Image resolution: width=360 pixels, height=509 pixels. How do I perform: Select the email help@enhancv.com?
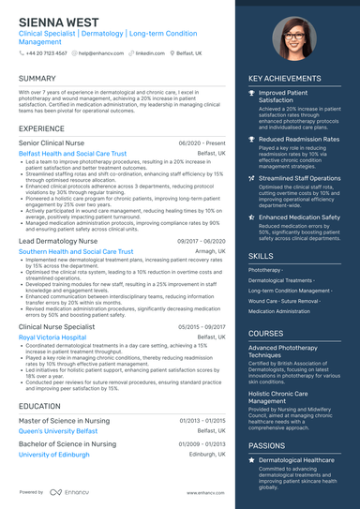[99, 53]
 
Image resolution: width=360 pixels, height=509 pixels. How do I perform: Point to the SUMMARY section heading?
[37, 78]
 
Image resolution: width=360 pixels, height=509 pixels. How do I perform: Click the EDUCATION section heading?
[40, 406]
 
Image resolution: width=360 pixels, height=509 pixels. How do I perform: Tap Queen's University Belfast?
[61, 430]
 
